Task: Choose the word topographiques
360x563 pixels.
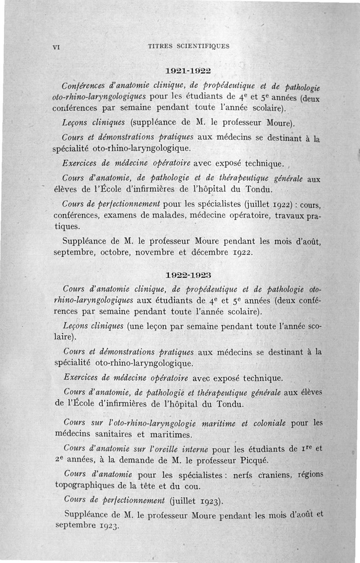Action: [86, 486]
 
